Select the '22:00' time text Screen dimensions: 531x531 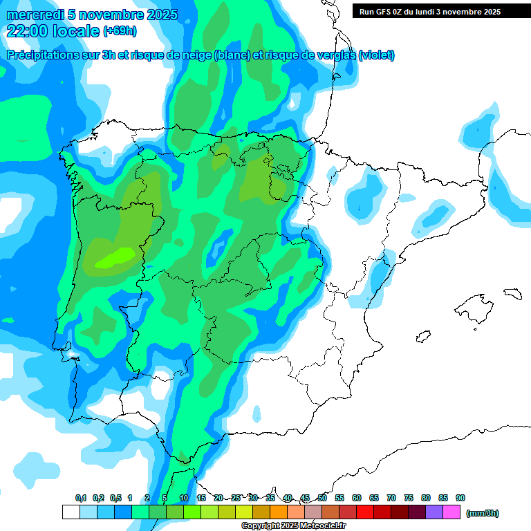[28, 30]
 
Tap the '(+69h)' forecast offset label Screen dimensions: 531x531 [120, 31]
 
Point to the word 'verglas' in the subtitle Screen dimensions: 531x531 [330, 55]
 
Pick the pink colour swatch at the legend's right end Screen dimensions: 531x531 [451, 512]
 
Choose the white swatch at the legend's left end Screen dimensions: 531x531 [71, 512]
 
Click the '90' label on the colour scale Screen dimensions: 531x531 [460, 498]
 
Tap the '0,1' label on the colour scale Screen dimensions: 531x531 [81, 498]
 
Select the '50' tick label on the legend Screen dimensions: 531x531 [322, 498]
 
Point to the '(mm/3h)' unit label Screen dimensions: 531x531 [483, 513]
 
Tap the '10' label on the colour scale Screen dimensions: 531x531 [184, 498]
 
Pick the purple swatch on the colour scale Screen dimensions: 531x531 [434, 512]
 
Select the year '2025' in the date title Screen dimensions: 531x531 [157, 15]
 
